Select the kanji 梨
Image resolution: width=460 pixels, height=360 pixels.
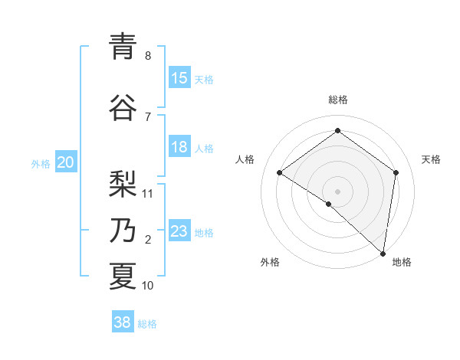click(x=123, y=184)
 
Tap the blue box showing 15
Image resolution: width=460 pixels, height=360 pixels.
click(x=179, y=78)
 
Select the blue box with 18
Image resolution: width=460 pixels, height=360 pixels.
click(x=179, y=148)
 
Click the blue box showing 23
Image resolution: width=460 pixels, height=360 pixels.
click(x=179, y=231)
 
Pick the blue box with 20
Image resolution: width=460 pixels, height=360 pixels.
click(x=66, y=162)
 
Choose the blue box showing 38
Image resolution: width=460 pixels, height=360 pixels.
click(x=123, y=322)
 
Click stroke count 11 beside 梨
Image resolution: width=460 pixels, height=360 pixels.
click(x=148, y=193)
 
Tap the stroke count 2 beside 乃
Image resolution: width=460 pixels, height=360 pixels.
click(x=148, y=240)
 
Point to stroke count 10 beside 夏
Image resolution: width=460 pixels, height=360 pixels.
click(x=148, y=286)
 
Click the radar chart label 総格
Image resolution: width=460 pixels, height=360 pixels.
click(x=337, y=100)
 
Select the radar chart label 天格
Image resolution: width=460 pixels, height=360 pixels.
click(x=431, y=159)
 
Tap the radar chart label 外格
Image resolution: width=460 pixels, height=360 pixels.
click(x=270, y=262)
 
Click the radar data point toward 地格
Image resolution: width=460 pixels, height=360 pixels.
click(x=383, y=253)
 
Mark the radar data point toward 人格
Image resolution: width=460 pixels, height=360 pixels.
click(x=280, y=172)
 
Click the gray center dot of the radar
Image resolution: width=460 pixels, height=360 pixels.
click(x=337, y=191)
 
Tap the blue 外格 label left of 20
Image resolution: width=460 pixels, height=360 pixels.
click(x=41, y=163)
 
